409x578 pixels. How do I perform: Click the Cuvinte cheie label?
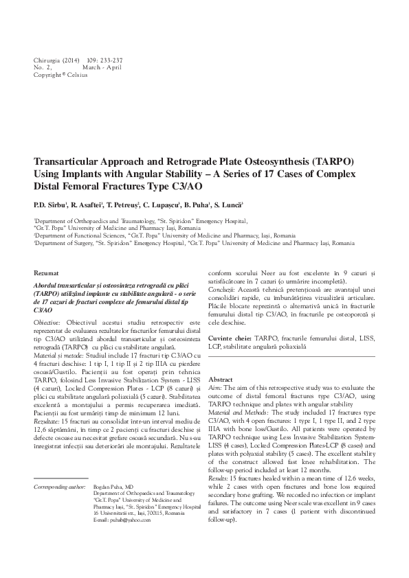coord(230,339)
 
